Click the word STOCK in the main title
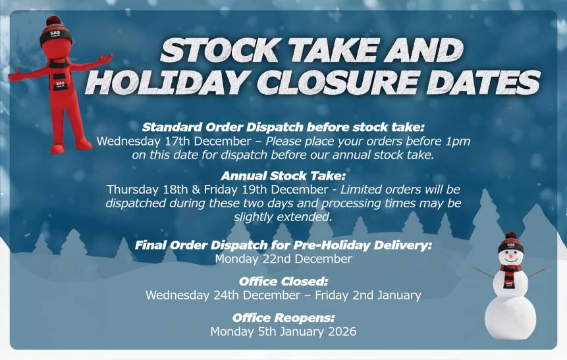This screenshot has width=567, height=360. pyautogui.click(x=220, y=50)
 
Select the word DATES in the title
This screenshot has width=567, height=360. pyautogui.click(x=483, y=82)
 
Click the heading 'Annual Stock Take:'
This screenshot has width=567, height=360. pyautogui.click(x=283, y=176)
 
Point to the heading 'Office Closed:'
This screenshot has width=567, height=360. pyautogui.click(x=283, y=282)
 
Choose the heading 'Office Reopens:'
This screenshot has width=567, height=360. pyautogui.click(x=283, y=318)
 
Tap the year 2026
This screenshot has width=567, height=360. pyautogui.click(x=342, y=332)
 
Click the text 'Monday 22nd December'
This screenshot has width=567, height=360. pyautogui.click(x=283, y=259)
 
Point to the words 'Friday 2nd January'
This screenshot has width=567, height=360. pyautogui.click(x=367, y=296)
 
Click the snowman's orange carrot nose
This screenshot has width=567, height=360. pyautogui.click(x=511, y=256)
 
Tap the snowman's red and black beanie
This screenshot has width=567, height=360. pyautogui.click(x=510, y=243)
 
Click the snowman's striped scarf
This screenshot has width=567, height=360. pyautogui.click(x=510, y=274)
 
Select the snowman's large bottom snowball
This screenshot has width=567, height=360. pyautogui.click(x=510, y=318)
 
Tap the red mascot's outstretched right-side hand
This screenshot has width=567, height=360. pyautogui.click(x=105, y=58)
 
